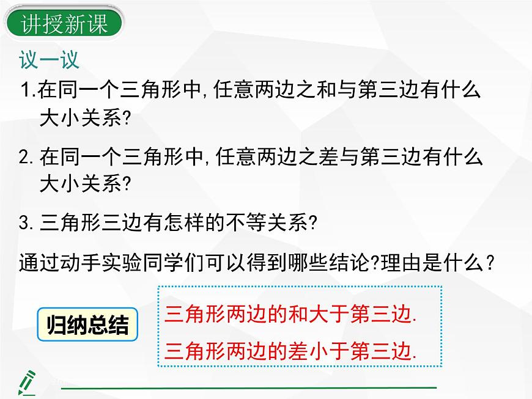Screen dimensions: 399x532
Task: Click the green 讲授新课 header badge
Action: coord(64,24)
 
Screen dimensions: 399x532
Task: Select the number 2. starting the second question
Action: coord(28,158)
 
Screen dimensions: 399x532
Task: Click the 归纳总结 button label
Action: coord(87,326)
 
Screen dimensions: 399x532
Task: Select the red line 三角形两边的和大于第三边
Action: coord(291,315)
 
